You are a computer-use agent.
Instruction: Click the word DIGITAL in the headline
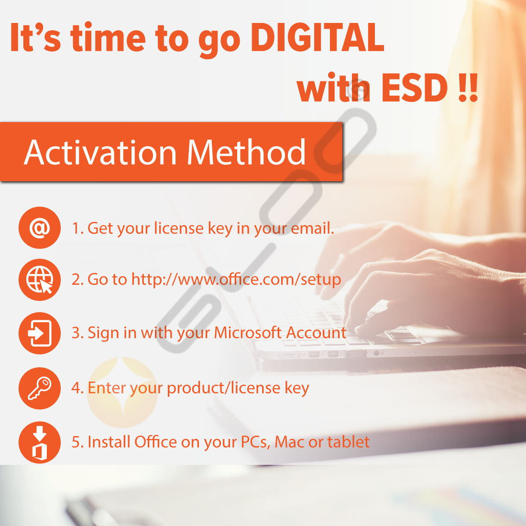pos(317,38)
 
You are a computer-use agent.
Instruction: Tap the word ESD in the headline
pos(415,88)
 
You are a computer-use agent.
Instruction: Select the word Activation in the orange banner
pos(100,153)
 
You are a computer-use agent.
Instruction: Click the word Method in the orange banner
pos(246,152)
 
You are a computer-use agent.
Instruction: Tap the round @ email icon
pos(40,228)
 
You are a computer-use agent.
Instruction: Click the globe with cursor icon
pos(40,280)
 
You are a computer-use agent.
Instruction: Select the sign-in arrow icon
pos(40,333)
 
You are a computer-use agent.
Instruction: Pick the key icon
pos(40,388)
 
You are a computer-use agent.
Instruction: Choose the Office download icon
pos(40,442)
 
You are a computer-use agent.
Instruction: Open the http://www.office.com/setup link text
pos(236,279)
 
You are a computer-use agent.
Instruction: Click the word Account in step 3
pos(316,332)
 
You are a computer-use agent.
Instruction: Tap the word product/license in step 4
pos(223,388)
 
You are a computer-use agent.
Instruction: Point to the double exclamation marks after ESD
pos(468,88)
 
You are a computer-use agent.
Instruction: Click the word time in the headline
pos(108,38)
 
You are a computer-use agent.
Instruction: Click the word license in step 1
pos(179,228)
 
